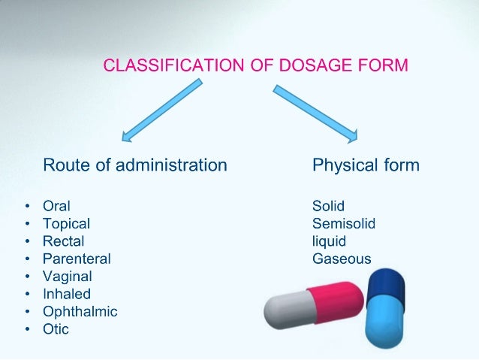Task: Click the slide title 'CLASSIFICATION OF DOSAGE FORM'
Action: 255,66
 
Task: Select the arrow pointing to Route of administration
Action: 162,111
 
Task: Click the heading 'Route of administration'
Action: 135,165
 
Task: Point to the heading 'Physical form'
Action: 366,165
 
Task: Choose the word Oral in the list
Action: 57,206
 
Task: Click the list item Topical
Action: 66,224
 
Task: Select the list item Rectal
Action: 63,241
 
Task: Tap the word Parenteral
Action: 77,259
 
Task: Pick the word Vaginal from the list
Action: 67,277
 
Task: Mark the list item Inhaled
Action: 66,294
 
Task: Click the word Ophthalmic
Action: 80,312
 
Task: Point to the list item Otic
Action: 56,329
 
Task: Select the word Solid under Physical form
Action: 328,206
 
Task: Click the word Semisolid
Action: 343,224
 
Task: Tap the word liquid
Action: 329,241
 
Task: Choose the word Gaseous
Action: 342,259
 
